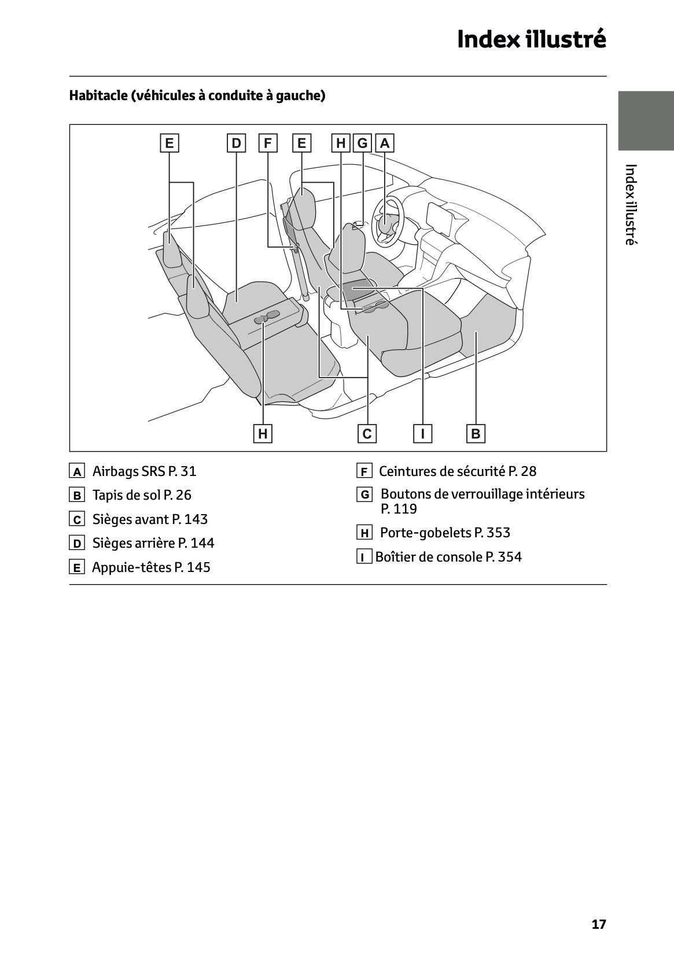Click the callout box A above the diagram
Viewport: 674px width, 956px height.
coord(385,143)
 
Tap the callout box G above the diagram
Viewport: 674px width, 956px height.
coord(362,143)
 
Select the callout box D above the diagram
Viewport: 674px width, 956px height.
coord(236,143)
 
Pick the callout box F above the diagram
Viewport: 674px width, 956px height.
coord(267,143)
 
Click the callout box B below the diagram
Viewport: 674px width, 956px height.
coord(476,433)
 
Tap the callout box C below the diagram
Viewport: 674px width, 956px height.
coord(367,433)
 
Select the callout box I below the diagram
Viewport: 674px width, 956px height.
coord(423,433)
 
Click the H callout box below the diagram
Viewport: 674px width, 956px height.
coord(263,433)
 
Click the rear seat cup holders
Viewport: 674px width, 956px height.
coord(267,316)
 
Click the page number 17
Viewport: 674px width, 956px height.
coord(599,924)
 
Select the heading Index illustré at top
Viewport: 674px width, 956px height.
coord(531,39)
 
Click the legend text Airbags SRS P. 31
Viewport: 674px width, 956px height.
coord(144,471)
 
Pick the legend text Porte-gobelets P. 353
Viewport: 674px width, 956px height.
coord(444,533)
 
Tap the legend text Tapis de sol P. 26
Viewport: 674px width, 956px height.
coord(142,495)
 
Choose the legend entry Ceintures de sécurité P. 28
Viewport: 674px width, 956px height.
coord(457,471)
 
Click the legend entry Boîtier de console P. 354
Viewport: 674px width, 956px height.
coord(448,557)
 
